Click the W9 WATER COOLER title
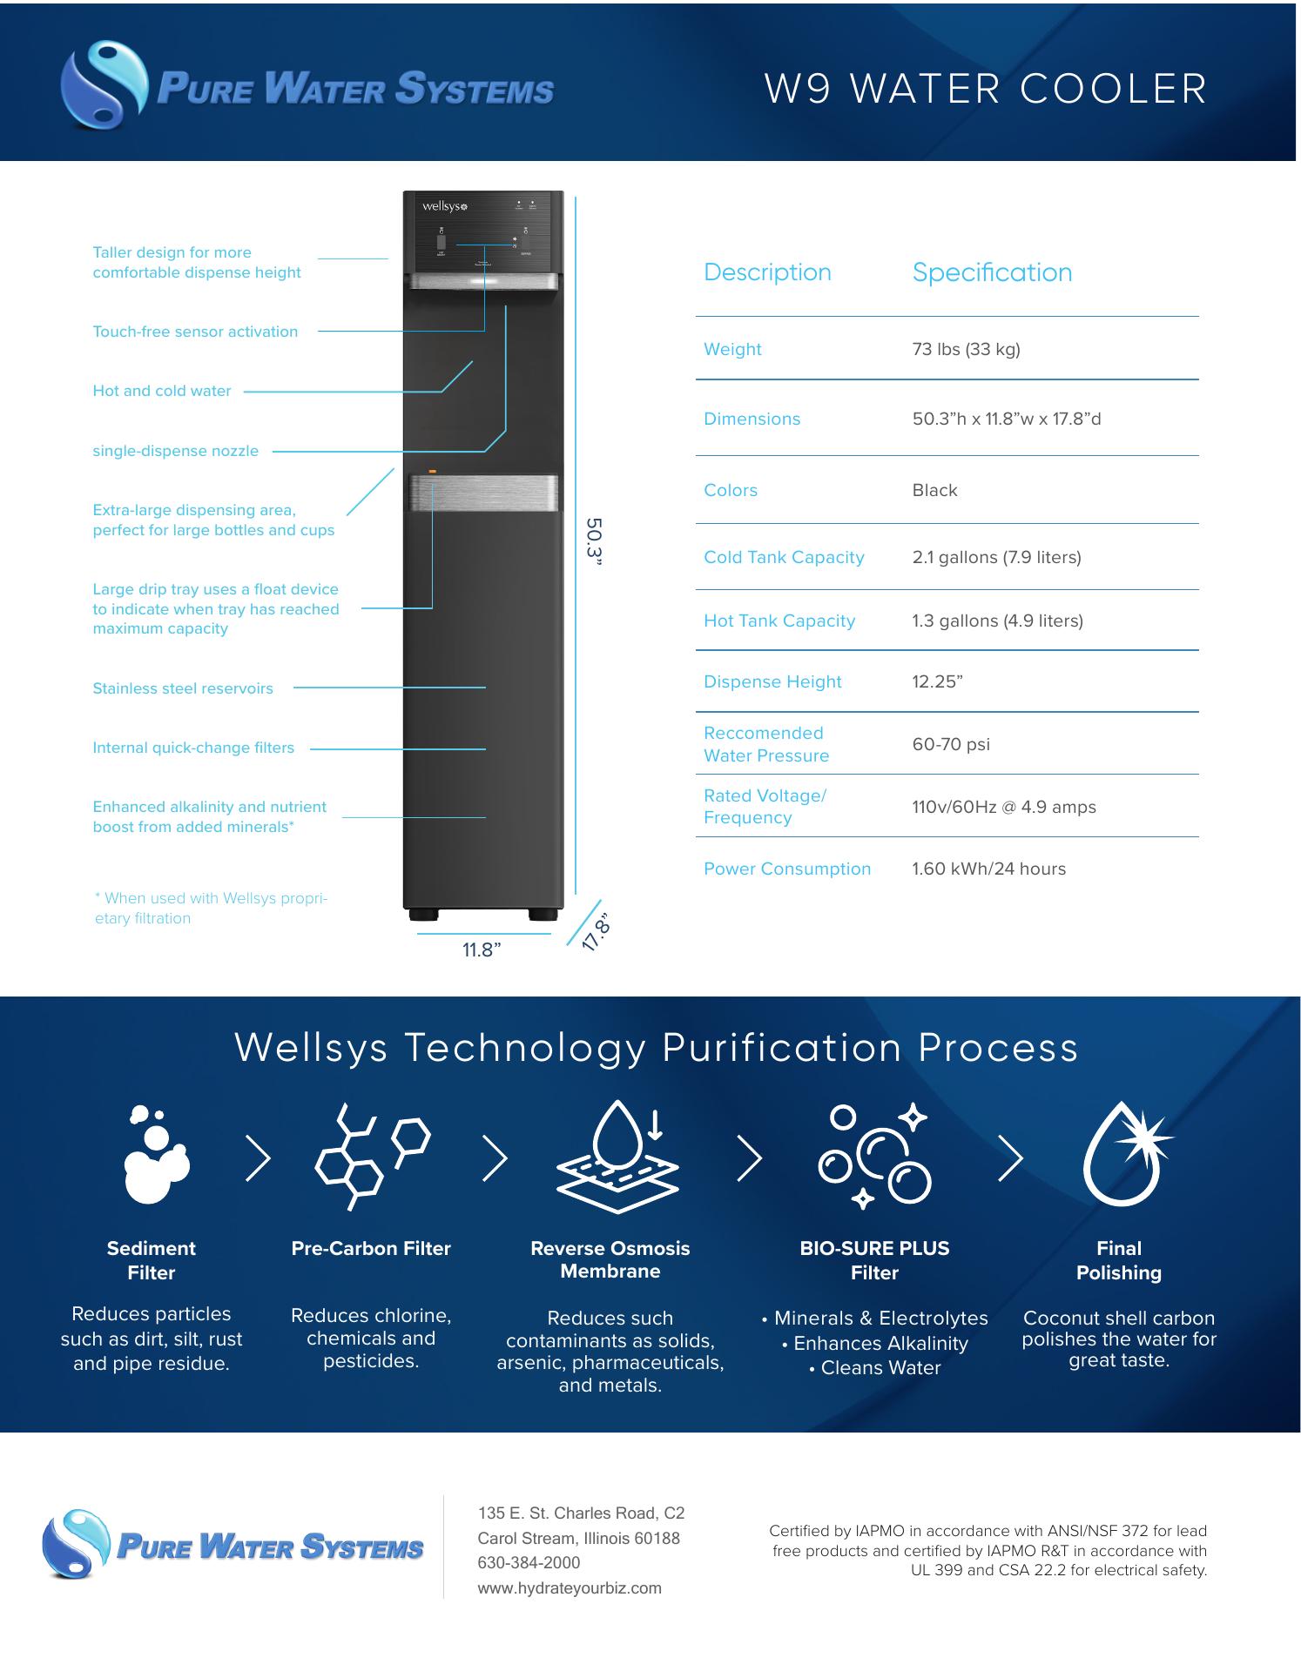[x=986, y=89]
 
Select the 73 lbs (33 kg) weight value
[x=966, y=349]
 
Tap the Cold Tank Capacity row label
[x=784, y=557]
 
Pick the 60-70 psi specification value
[x=951, y=744]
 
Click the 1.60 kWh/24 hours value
[x=988, y=869]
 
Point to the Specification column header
[x=992, y=272]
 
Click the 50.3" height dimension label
[x=594, y=541]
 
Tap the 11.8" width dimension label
[x=482, y=950]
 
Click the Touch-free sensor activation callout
[x=195, y=332]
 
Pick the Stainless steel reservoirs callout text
[x=183, y=688]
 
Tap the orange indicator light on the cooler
[x=432, y=471]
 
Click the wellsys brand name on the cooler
[x=445, y=207]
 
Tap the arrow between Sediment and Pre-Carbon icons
[x=258, y=1158]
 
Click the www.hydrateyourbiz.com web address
[x=570, y=1587]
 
